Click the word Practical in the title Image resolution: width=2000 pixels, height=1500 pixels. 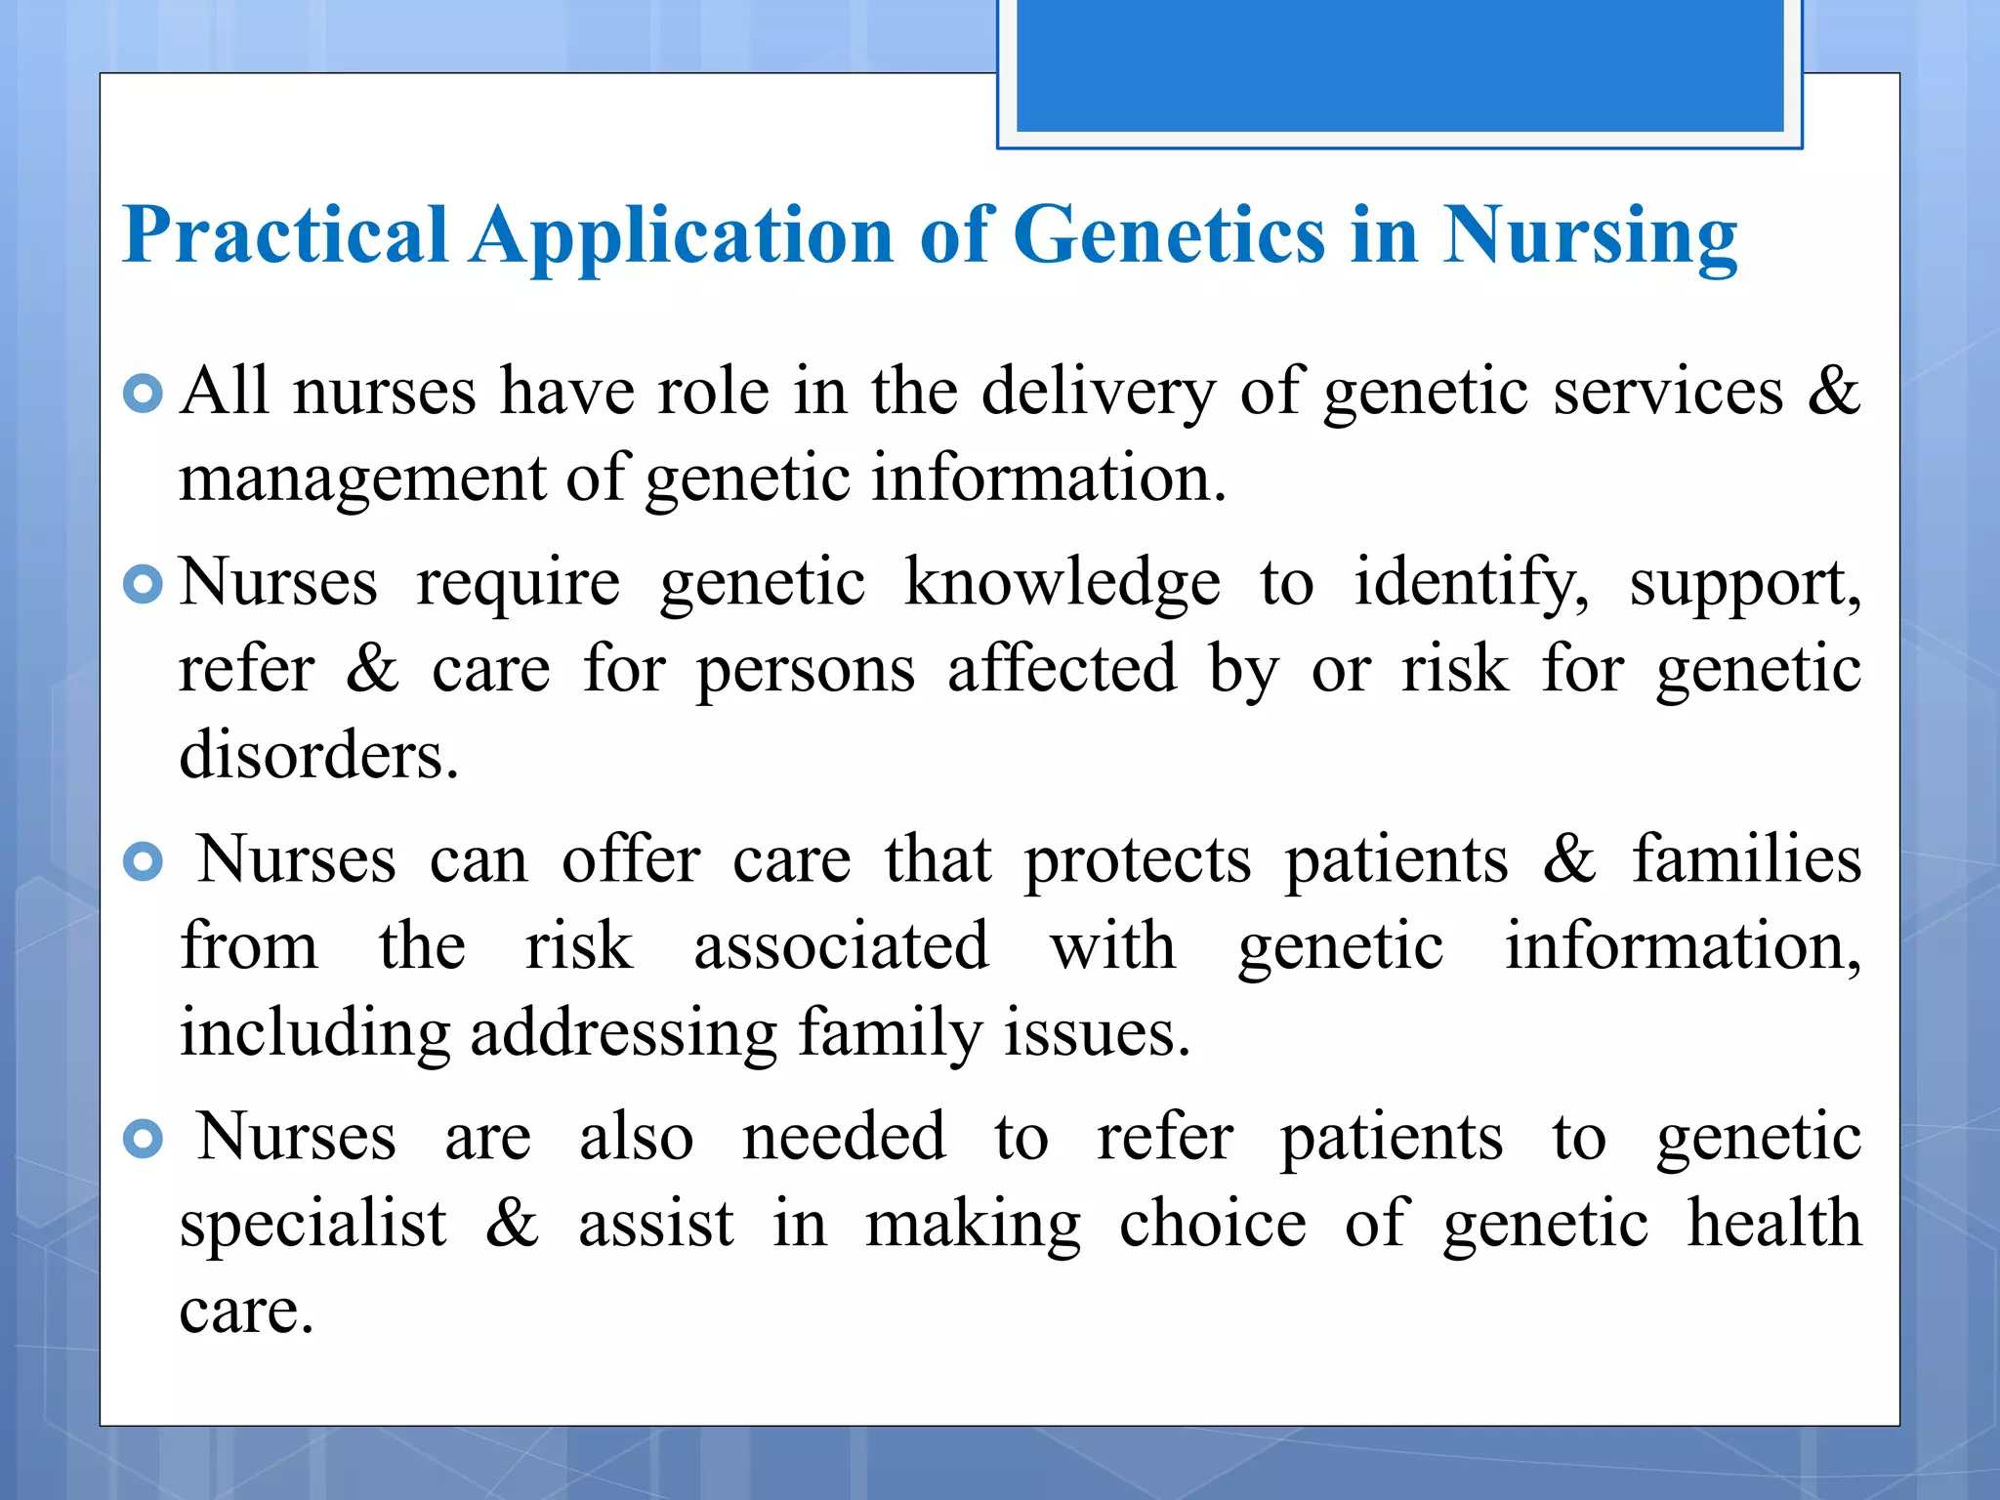[285, 235]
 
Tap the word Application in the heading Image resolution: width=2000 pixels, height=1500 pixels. [682, 235]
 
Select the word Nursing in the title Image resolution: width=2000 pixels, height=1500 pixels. [1589, 235]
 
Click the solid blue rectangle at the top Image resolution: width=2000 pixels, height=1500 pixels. [1399, 64]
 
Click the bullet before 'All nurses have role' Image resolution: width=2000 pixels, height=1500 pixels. [144, 394]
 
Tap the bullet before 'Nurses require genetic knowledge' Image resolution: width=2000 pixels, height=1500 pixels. [144, 585]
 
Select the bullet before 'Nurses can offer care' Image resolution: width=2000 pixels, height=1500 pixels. [144, 861]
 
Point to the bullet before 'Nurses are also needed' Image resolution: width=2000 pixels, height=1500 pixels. [144, 1139]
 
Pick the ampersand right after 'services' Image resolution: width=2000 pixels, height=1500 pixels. [1833, 391]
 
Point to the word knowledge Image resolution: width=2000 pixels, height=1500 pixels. [1062, 583]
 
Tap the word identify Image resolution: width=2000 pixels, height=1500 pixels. [1471, 583]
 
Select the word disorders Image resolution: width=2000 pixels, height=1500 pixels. [318, 756]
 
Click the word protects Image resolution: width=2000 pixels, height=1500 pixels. [1137, 861]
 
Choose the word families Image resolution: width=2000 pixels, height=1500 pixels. [1746, 859]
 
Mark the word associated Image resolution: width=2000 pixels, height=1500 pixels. [841, 946]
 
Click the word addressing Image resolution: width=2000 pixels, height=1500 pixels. [623, 1033]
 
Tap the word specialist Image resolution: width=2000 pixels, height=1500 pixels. [312, 1225]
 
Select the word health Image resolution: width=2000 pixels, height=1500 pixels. [1774, 1223]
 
